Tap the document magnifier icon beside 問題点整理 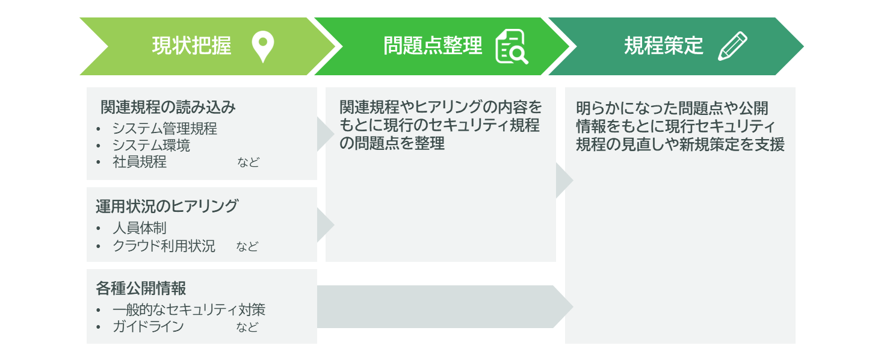pyautogui.click(x=512, y=46)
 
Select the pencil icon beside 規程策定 pyautogui.click(x=732, y=46)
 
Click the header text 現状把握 pyautogui.click(x=192, y=46)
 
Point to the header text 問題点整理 pyautogui.click(x=433, y=46)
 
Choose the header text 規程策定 pyautogui.click(x=664, y=46)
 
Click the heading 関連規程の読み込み pyautogui.click(x=168, y=107)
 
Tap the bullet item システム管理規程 pyautogui.click(x=165, y=128)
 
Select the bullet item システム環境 pyautogui.click(x=151, y=145)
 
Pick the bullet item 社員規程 pyautogui.click(x=140, y=161)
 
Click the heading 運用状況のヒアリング pyautogui.click(x=167, y=206)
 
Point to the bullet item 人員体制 pyautogui.click(x=140, y=228)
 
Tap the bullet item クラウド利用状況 pyautogui.click(x=164, y=246)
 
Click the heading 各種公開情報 pyautogui.click(x=141, y=288)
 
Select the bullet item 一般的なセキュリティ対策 pyautogui.click(x=189, y=310)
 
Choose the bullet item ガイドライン pyautogui.click(x=148, y=326)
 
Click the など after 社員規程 pyautogui.click(x=248, y=162)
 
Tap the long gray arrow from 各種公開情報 pyautogui.click(x=445, y=306)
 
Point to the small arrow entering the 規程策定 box pyautogui.click(x=564, y=181)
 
